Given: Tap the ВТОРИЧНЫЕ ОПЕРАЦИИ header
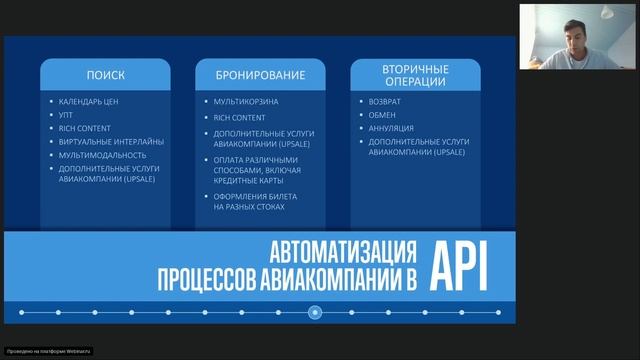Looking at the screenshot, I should tap(414, 75).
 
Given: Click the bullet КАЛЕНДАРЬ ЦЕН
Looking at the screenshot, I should tap(89, 102).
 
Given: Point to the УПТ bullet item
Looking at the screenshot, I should tap(67, 115).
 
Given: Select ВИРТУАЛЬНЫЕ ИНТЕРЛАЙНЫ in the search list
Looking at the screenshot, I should tap(111, 141).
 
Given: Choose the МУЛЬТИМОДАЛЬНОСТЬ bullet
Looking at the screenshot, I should tap(103, 155).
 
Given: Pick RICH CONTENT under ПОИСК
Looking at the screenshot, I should tap(84, 128).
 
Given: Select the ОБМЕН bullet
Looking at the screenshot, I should tap(382, 115).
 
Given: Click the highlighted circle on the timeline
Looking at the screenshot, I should tap(315, 312).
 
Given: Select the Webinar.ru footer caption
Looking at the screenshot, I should tap(48, 351).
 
